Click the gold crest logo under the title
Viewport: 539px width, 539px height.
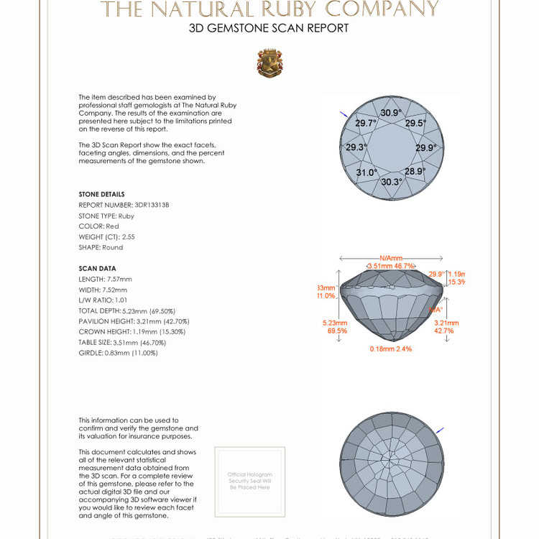coord(269,63)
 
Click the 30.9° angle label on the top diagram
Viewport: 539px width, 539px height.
coord(391,113)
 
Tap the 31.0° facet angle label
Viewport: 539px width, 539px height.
coord(367,172)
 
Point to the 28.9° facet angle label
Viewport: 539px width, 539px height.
coord(415,172)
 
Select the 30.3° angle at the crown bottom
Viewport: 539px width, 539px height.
coord(392,182)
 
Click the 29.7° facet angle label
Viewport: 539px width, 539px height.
coord(366,123)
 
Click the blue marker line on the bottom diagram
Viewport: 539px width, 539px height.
coord(440,430)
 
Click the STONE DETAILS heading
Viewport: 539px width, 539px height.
coord(101,194)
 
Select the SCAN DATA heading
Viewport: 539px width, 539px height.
coord(97,268)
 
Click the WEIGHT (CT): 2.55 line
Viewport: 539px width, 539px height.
coord(107,236)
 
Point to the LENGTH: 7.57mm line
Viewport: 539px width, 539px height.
coord(106,279)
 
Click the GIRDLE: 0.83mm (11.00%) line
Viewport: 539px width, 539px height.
coord(118,353)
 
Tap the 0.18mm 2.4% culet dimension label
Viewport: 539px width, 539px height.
coord(391,349)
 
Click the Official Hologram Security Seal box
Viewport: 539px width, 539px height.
coord(249,481)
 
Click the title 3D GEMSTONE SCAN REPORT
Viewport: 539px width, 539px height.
coord(269,29)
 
